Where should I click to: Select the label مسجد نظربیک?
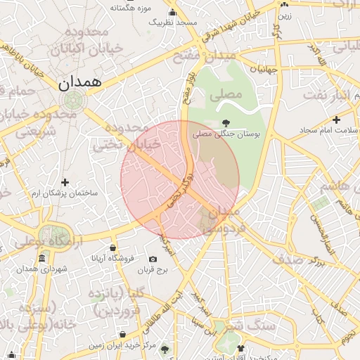coord(172,22)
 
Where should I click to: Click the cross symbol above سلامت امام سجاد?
coord(337,120)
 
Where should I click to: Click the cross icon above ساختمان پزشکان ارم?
coord(65,182)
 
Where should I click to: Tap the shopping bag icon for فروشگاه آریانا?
coord(113,247)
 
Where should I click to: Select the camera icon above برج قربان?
coord(153,259)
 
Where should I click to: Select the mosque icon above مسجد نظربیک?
coord(172,12)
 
